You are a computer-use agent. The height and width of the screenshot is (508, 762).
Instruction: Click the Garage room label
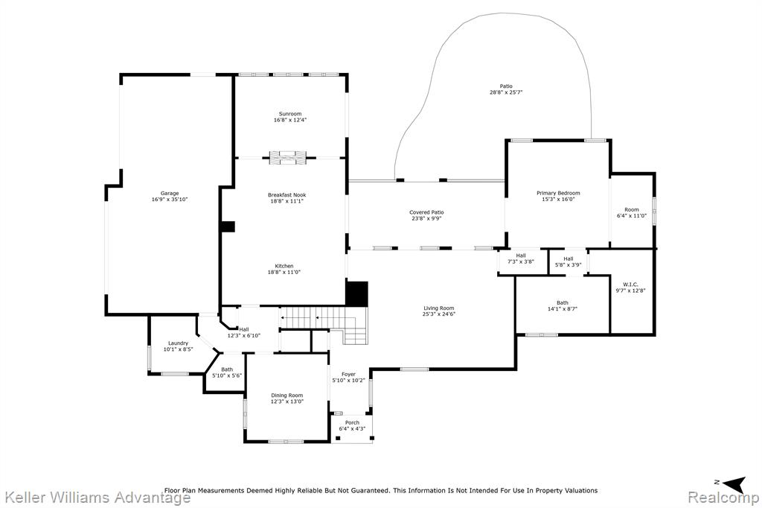tap(170, 193)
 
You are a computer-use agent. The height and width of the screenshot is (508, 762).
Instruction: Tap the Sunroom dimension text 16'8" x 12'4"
tap(290, 120)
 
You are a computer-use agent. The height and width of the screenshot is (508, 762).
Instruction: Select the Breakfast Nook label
tap(286, 195)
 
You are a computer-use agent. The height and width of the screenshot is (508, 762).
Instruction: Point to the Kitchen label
tap(284, 266)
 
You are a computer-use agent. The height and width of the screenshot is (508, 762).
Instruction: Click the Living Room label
tap(439, 308)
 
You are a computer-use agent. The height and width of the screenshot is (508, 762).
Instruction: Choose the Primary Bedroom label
tap(558, 193)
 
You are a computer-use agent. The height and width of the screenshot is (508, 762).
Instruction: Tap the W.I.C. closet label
tap(630, 285)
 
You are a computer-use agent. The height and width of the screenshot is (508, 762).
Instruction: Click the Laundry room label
tap(179, 343)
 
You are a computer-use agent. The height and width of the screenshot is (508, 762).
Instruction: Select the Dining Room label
tap(286, 396)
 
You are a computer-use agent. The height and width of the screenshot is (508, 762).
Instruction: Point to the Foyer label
tap(348, 374)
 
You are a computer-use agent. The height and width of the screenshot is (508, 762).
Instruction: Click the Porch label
tap(352, 423)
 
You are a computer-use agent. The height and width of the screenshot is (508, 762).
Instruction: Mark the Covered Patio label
tap(426, 212)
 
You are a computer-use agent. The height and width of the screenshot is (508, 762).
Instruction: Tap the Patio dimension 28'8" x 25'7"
tap(506, 92)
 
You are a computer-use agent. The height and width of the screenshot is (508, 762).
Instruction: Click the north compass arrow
tap(734, 483)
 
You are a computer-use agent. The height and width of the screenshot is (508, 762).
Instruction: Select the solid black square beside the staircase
tap(356, 294)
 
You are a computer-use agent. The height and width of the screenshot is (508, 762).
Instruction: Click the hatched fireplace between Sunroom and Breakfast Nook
tap(289, 158)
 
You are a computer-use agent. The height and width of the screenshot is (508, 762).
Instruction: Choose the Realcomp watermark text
tap(723, 498)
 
